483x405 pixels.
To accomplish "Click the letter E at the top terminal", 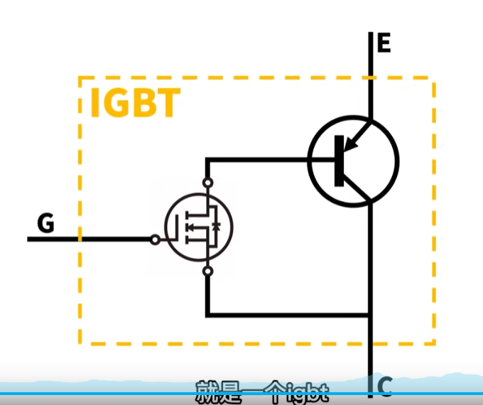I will click(x=384, y=43).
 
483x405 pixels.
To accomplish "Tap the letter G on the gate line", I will click(x=45, y=225).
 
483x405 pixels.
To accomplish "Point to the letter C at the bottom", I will click(x=384, y=387).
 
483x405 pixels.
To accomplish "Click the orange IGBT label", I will click(x=134, y=104).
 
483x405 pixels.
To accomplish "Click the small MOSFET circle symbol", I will click(x=199, y=227).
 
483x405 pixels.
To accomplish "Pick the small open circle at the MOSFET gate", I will click(x=155, y=239).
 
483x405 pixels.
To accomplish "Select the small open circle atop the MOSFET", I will click(x=207, y=183).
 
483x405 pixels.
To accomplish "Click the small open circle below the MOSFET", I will click(x=207, y=271).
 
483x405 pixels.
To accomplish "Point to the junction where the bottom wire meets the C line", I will click(x=371, y=315).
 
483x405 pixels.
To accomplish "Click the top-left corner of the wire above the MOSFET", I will click(x=207, y=160).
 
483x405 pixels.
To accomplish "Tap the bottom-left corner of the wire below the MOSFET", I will click(x=207, y=315).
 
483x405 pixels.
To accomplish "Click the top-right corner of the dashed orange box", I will click(x=433, y=77).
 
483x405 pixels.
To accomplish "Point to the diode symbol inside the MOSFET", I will click(x=216, y=227).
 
